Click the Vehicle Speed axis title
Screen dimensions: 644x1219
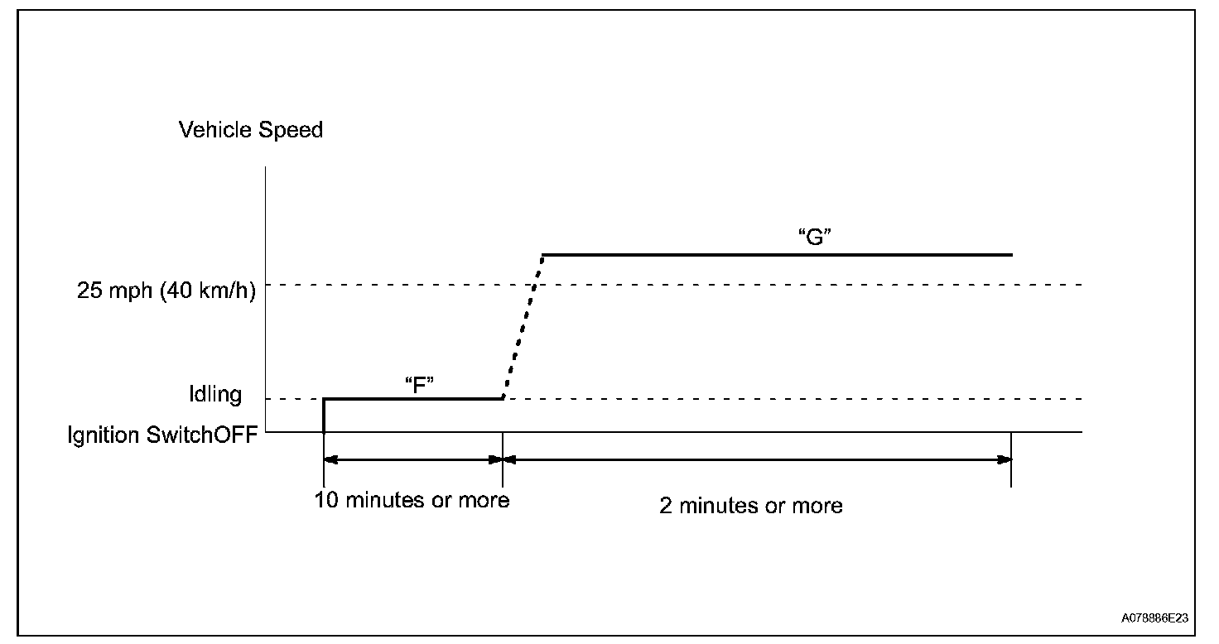pos(251,130)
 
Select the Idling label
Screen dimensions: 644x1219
pos(214,394)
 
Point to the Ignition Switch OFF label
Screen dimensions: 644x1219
pos(162,435)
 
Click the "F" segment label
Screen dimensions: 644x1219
pos(420,386)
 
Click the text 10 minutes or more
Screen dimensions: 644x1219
pos(412,500)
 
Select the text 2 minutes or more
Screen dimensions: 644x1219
pos(751,506)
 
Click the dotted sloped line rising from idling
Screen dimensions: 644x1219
pos(523,326)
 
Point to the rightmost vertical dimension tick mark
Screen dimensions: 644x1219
pos(1011,471)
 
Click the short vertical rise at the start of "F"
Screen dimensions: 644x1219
pos(324,415)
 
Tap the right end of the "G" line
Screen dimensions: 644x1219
pos(1010,255)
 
